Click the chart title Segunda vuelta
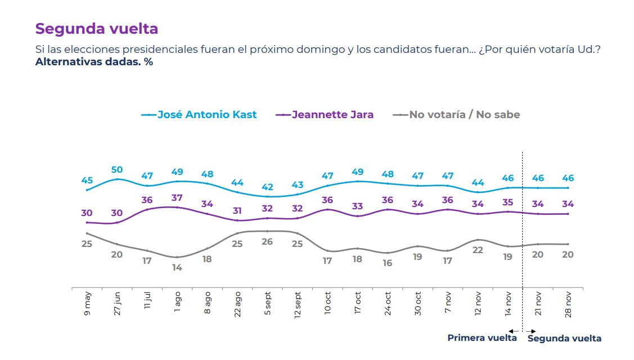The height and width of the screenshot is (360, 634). click(x=96, y=29)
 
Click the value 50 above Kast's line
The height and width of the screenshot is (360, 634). click(x=117, y=169)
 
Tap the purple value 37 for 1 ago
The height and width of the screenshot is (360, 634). click(x=177, y=198)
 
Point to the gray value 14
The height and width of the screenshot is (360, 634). click(x=177, y=268)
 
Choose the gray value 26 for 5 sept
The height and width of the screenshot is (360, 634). click(x=267, y=241)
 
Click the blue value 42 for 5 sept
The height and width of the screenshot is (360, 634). click(x=267, y=187)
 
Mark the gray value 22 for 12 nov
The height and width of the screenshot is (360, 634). click(x=478, y=250)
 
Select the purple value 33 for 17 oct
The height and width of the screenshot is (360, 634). click(x=358, y=206)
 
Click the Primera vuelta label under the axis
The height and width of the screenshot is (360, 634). click(x=482, y=338)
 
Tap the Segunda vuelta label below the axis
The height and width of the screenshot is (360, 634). click(x=564, y=338)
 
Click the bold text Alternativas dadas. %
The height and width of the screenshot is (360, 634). click(x=94, y=62)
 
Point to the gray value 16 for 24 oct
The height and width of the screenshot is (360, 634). click(x=388, y=263)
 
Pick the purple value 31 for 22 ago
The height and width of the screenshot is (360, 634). click(x=237, y=210)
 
